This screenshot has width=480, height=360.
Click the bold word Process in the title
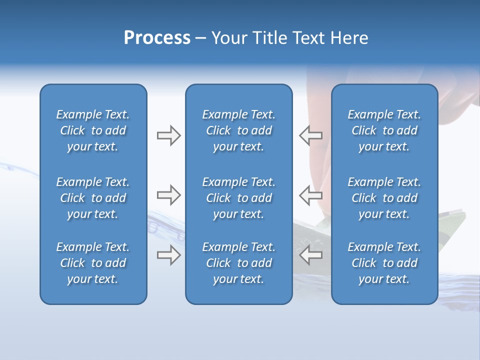click(x=157, y=38)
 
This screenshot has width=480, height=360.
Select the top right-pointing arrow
click(x=168, y=135)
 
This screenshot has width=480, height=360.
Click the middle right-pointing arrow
click(x=168, y=195)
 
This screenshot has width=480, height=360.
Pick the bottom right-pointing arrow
click(x=168, y=255)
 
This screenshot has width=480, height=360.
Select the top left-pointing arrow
click(x=311, y=135)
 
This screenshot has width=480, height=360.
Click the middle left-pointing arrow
click(x=311, y=195)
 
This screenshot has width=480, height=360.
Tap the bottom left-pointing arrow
click(x=311, y=255)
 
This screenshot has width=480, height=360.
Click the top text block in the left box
click(x=93, y=130)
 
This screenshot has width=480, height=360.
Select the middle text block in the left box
click(x=93, y=198)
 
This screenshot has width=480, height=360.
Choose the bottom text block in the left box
click(x=93, y=263)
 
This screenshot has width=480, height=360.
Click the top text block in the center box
click(x=238, y=130)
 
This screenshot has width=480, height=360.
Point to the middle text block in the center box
click(x=238, y=198)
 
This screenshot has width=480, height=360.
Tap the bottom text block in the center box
click(x=238, y=263)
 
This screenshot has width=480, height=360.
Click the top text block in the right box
click(x=384, y=130)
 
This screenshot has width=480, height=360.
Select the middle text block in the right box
click(x=384, y=198)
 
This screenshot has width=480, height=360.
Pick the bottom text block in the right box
click(x=384, y=263)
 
